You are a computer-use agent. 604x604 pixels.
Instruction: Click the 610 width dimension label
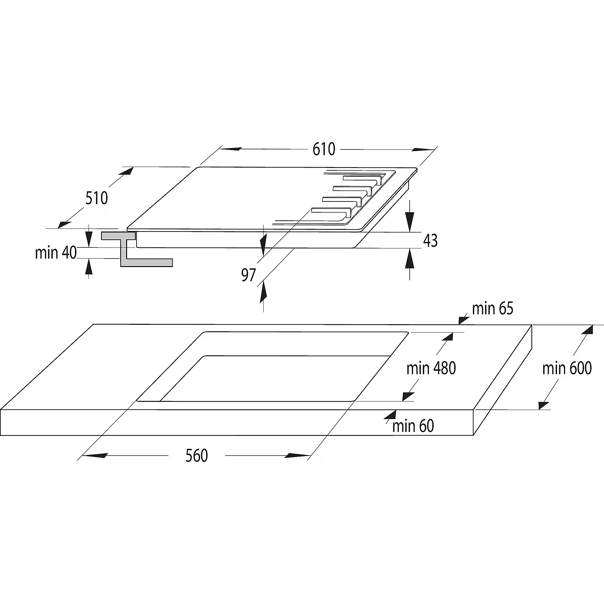coord(323,149)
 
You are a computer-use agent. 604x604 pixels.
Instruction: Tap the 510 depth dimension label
coord(96,198)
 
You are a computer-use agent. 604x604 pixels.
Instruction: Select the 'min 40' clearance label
coord(56,253)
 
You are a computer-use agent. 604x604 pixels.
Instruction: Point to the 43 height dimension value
coord(430,241)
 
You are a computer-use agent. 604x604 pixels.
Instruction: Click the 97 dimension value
coord(248,275)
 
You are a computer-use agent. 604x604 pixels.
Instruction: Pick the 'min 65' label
coord(492,309)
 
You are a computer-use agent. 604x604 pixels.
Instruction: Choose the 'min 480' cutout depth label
coord(431,368)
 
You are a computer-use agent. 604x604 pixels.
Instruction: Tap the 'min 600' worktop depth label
coord(567,368)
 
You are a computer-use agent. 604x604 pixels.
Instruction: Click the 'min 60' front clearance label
coord(413,426)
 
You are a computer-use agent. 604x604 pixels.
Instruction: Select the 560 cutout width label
coord(196,456)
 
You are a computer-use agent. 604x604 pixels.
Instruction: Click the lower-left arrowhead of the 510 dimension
coord(64,224)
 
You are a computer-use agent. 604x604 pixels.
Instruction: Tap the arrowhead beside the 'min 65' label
coord(463,319)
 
